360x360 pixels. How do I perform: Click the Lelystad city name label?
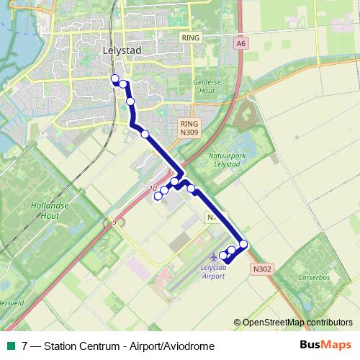tap(121, 53)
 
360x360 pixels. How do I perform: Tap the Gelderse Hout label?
tap(205, 86)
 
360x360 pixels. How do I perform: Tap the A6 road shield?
tap(240, 43)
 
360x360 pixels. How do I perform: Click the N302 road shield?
tap(262, 269)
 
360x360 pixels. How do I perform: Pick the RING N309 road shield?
tap(189, 128)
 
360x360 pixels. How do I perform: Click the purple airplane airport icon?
tap(213, 257)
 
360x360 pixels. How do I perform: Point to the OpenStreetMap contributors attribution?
tap(298, 323)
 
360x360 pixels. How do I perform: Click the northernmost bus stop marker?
tap(114, 78)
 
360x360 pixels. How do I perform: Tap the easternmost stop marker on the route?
tap(243, 244)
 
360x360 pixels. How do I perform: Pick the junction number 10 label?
tap(153, 189)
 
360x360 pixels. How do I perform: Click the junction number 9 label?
tap(114, 222)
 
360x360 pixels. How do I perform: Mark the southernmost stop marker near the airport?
tap(224, 256)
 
